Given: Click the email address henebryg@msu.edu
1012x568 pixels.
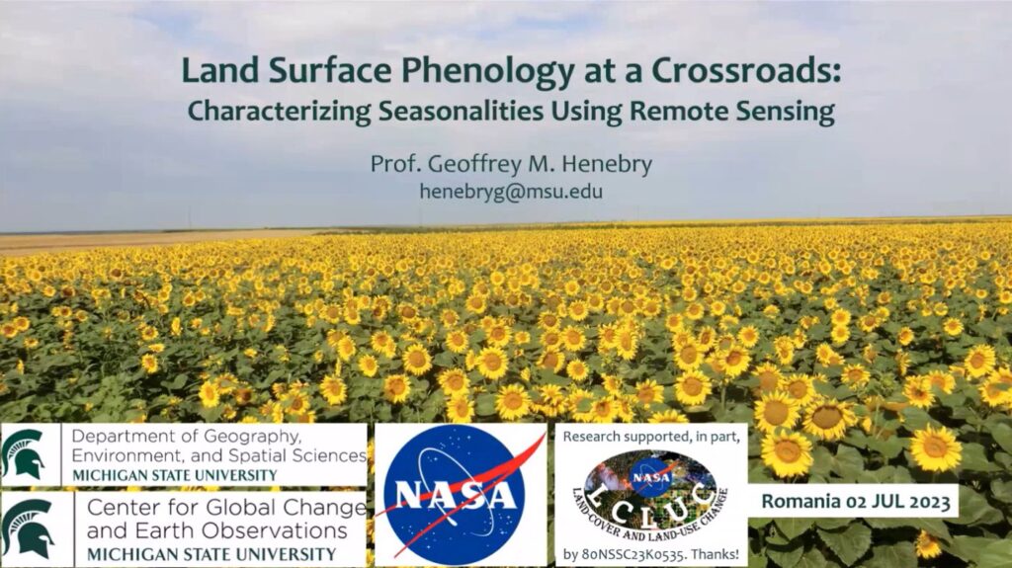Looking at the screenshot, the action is [511, 192].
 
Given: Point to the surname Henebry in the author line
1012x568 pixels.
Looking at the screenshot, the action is [607, 164].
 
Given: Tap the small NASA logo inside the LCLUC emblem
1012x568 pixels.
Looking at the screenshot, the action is [650, 478].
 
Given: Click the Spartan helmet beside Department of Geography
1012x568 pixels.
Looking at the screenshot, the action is [24, 453].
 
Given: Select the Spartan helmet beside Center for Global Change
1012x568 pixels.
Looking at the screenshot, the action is [27, 527].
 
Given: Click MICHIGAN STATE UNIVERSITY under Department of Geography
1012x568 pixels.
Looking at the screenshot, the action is [175, 476].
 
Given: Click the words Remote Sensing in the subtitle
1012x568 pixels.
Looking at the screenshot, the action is [732, 111].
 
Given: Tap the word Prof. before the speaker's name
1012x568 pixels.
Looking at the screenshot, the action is [395, 164].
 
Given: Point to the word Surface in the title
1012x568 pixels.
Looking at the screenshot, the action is [330, 70].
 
